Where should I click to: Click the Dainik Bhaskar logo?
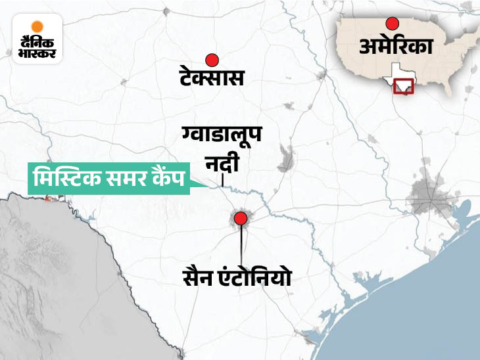point(37,39)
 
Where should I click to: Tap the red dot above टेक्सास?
point(212,60)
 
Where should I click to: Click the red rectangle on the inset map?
point(402,87)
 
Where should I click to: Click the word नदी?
point(224,161)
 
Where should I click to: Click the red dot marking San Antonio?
point(241,219)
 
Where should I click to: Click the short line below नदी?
point(223,180)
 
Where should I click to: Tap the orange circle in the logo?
point(37,27)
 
